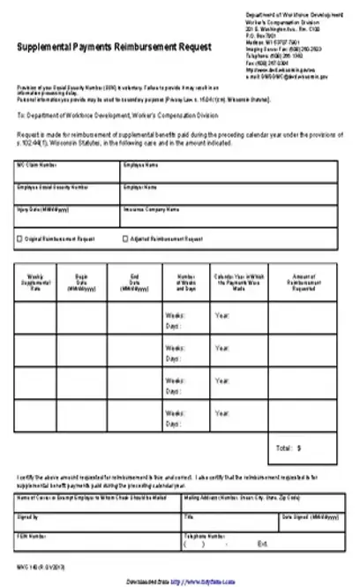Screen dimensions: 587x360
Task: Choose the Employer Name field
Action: tap(227, 193)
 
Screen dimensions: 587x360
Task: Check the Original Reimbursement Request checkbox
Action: tap(19, 239)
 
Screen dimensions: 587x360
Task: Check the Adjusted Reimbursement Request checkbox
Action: tap(124, 239)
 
